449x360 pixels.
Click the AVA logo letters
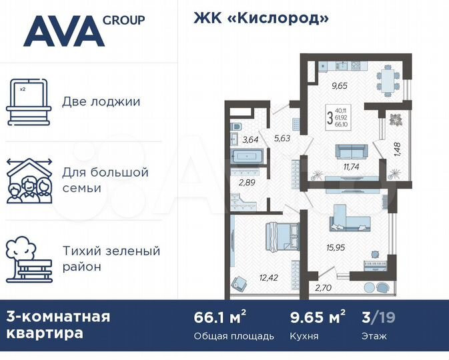pos(63,31)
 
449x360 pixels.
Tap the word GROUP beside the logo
pos(123,20)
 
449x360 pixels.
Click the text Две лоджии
pos(101,102)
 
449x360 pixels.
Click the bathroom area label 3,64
pos(250,139)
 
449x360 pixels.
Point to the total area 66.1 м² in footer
pos(215,316)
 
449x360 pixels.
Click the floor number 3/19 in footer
pos(378,316)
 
